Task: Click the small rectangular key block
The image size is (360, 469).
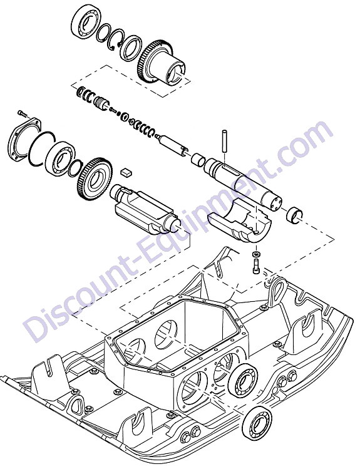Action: tap(126, 172)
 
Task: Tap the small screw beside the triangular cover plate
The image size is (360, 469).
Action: tap(22, 113)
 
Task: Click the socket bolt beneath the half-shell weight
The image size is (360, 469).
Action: tap(257, 266)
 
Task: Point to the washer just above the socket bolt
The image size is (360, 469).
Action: tap(257, 254)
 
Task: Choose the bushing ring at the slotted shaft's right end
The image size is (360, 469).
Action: tap(294, 214)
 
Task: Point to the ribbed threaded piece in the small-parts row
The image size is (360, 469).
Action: tap(100, 102)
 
